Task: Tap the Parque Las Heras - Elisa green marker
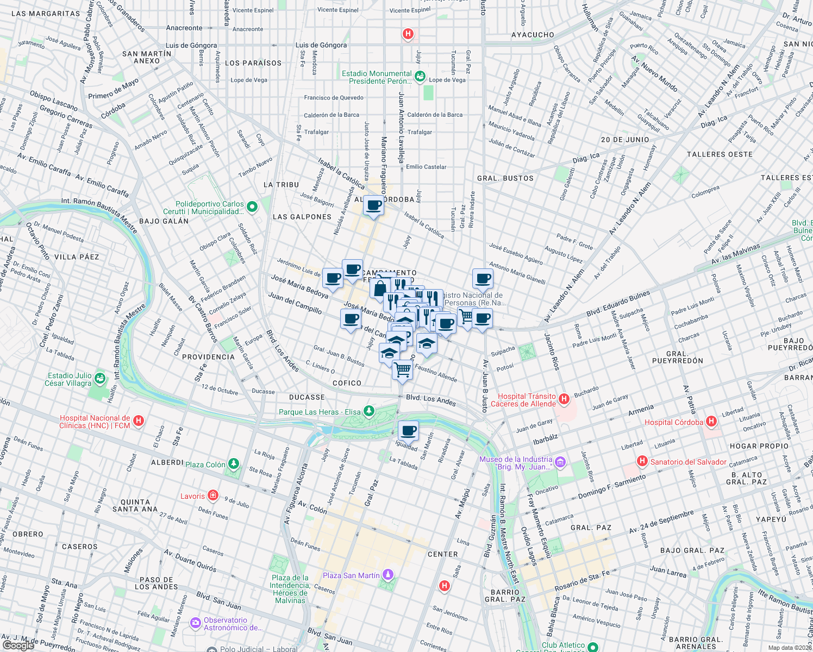[369, 411]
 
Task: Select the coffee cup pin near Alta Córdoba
[373, 206]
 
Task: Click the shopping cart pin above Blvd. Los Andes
[402, 371]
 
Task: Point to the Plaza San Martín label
[351, 575]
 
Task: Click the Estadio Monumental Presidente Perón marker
[420, 77]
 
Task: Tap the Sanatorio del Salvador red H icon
[642, 461]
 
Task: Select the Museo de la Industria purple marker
[560, 462]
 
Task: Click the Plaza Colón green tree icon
[233, 464]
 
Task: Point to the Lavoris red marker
[213, 496]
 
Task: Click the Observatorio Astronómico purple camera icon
[195, 623]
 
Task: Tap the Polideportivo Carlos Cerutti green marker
[252, 207]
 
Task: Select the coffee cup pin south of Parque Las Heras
[408, 431]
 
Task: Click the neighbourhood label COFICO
[347, 383]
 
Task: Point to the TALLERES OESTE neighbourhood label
[720, 154]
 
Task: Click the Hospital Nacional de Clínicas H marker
[138, 421]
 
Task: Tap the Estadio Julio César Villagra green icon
[99, 378]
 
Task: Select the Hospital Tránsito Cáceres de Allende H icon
[564, 399]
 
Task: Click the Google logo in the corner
[18, 645]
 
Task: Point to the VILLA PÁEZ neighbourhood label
[77, 256]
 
